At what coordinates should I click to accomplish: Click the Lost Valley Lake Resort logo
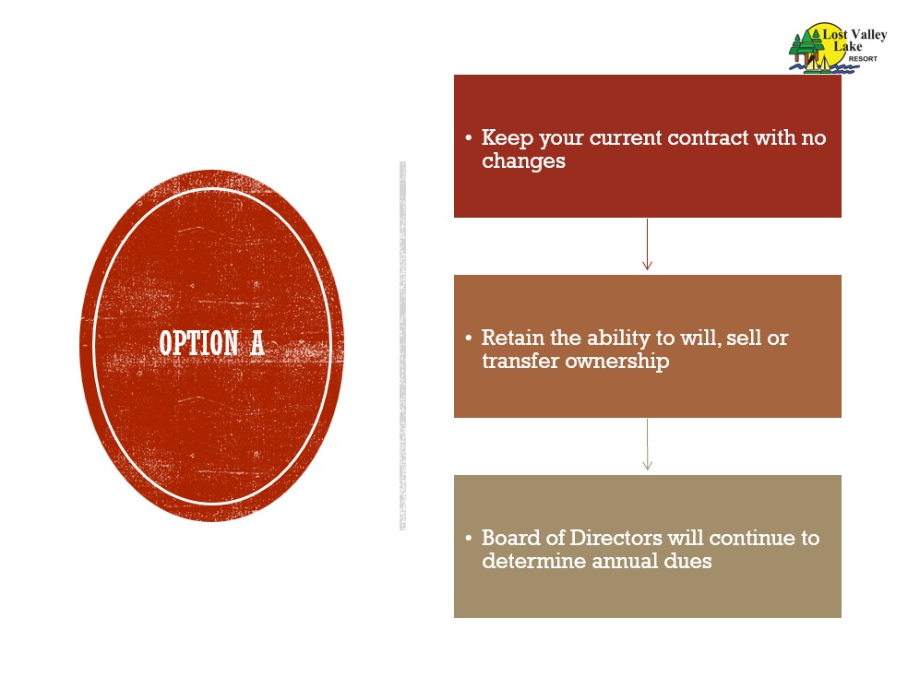tap(838, 48)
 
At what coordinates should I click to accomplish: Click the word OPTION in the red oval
tap(199, 343)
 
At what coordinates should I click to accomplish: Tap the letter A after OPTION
tap(257, 343)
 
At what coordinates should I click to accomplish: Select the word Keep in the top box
tap(508, 138)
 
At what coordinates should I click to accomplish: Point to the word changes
tap(523, 161)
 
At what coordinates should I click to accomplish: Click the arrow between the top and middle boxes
tap(647, 244)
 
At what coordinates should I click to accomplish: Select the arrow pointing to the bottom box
tap(647, 445)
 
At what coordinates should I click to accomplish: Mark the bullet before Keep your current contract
tap(468, 138)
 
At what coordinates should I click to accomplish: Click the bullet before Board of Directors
tap(468, 539)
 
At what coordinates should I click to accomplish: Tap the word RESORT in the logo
tap(863, 59)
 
